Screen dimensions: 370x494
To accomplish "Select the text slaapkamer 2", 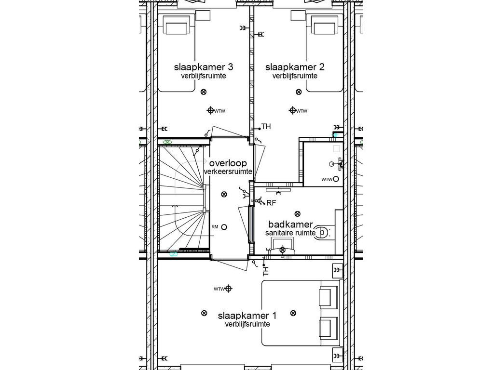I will tap(295, 67).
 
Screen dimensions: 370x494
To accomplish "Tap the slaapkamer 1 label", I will tap(247, 316).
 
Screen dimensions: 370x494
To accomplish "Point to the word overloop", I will tap(228, 163).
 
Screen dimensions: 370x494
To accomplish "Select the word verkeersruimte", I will tap(228, 172).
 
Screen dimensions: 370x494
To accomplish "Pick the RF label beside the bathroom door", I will tap(271, 203).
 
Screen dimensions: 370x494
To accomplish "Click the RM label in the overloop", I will tap(215, 227).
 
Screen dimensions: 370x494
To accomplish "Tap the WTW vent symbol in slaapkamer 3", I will tap(210, 111).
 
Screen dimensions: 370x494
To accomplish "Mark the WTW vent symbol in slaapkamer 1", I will tap(229, 289).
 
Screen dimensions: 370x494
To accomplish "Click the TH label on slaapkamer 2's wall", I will tap(266, 127).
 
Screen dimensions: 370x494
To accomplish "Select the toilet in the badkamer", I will tap(323, 232).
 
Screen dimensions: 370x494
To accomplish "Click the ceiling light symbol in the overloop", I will tap(223, 195).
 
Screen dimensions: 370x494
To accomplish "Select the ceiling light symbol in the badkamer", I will tap(297, 213).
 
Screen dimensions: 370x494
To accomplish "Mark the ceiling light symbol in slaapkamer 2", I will tap(299, 92).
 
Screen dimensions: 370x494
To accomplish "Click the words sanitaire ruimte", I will tap(290, 233).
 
